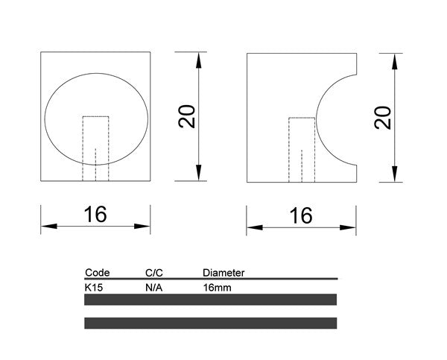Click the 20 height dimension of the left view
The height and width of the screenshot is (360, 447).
pyautogui.click(x=188, y=116)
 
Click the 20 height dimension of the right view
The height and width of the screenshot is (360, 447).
pyautogui.click(x=383, y=117)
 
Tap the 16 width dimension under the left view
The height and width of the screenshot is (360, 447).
pyautogui.click(x=95, y=215)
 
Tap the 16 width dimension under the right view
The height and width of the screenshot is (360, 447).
pyautogui.click(x=301, y=215)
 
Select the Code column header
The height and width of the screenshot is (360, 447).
pyautogui.click(x=98, y=273)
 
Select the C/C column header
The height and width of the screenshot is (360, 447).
pyautogui.click(x=153, y=273)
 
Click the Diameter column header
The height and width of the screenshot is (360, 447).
pyautogui.click(x=223, y=273)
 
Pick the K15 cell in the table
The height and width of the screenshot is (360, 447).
pyautogui.click(x=95, y=286)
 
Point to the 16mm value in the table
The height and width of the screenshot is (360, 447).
pyautogui.click(x=216, y=286)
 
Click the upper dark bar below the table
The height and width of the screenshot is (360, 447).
pyautogui.click(x=211, y=300)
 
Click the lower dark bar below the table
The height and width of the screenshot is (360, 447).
pyautogui.click(x=211, y=323)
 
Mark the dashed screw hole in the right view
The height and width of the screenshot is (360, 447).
pyautogui.click(x=302, y=149)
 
